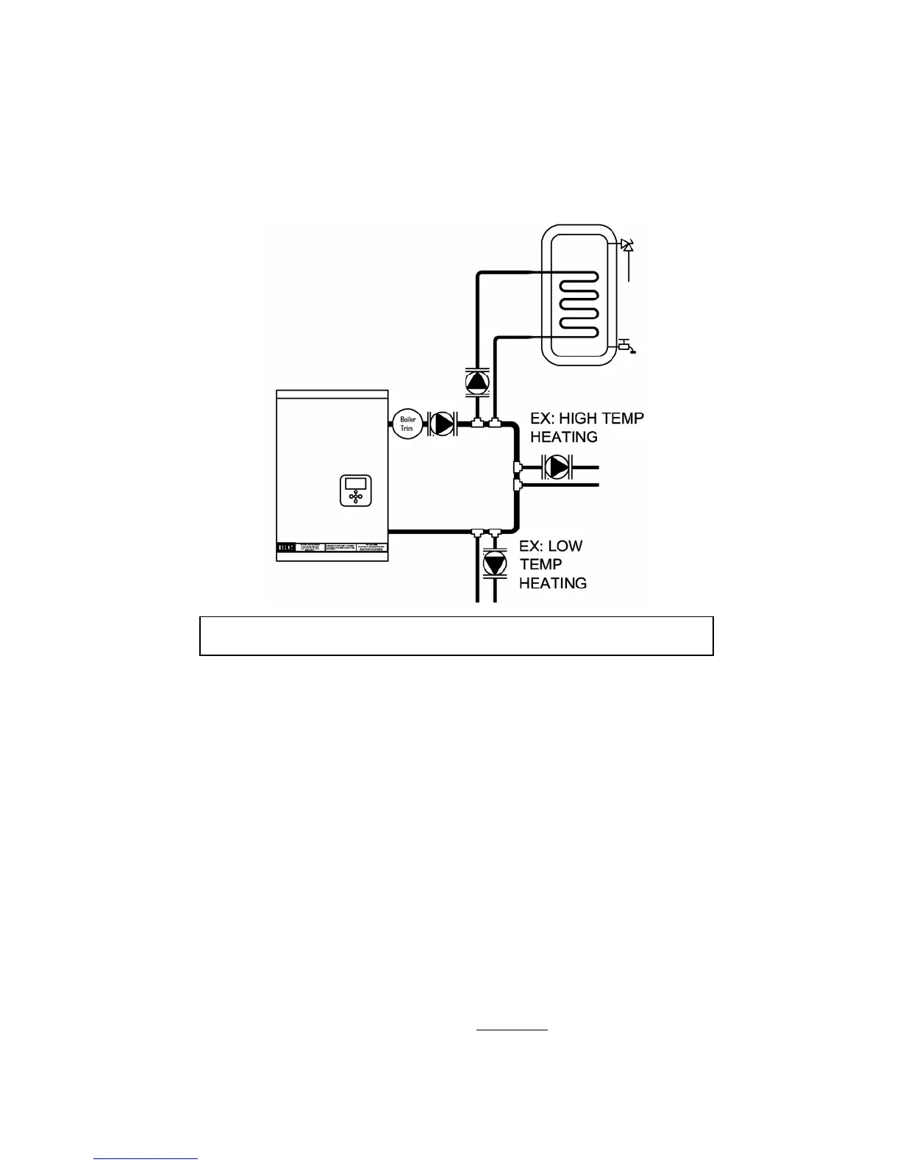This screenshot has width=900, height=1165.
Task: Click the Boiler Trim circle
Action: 407,424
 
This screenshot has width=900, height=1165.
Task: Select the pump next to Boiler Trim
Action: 443,424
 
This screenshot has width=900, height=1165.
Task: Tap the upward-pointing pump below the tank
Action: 477,382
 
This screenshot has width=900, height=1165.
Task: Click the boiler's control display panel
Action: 356,491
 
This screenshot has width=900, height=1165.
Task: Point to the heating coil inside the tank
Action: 578,305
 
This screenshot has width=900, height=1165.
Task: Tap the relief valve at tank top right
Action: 627,245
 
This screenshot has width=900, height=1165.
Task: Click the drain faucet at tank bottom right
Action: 625,344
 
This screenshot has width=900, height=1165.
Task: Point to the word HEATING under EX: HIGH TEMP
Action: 564,437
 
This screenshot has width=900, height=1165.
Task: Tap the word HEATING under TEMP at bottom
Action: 553,583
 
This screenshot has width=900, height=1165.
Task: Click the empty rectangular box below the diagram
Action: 456,636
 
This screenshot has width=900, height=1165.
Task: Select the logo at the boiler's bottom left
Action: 286,548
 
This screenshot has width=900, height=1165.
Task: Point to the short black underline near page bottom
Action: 512,1030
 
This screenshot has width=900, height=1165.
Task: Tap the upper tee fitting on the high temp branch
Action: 517,466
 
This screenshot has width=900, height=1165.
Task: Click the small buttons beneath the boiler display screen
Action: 356,497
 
